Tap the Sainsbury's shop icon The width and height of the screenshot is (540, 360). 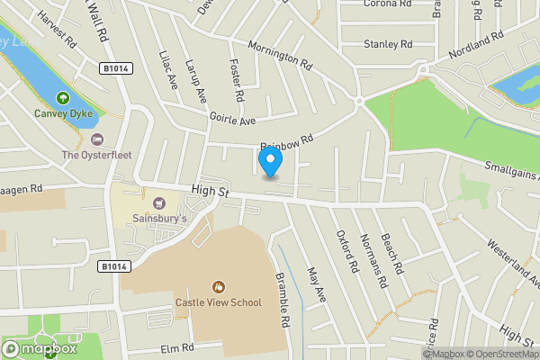tap(159, 202)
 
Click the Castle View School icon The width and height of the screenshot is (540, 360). tap(217, 287)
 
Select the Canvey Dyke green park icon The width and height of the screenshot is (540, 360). tap(63, 98)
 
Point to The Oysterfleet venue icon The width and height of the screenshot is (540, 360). tap(97, 139)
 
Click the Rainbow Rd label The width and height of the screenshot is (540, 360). tap(286, 142)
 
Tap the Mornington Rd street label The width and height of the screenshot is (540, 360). tap(279, 56)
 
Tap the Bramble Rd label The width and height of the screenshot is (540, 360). tap(283, 300)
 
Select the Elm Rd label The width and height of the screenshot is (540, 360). tap(177, 347)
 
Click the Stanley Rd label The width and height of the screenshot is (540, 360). tap(387, 43)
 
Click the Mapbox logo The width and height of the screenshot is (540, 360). tap(39, 348)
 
